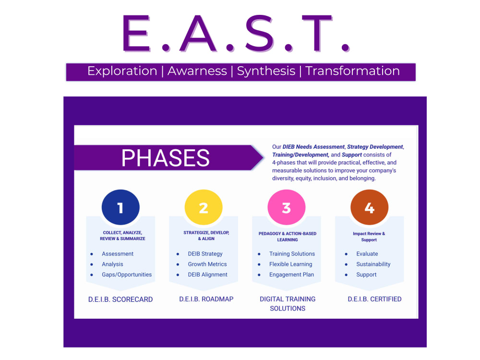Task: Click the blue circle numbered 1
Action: (x=120, y=208)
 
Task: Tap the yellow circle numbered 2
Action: (x=204, y=208)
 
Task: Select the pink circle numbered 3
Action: (x=287, y=208)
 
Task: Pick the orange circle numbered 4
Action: (x=369, y=208)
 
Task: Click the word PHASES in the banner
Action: (x=165, y=158)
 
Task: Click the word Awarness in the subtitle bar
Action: (x=197, y=71)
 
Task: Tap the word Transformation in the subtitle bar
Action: (x=352, y=71)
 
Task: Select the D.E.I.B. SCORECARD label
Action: (x=120, y=299)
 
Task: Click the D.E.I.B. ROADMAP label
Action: (x=206, y=299)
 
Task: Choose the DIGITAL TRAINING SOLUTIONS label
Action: (x=288, y=303)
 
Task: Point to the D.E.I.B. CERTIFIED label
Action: (x=374, y=299)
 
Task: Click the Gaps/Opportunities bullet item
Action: (x=127, y=275)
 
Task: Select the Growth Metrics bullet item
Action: (x=207, y=264)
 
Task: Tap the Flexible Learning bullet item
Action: (x=290, y=264)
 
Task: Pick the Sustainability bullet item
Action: (x=373, y=264)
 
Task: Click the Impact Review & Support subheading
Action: (x=369, y=237)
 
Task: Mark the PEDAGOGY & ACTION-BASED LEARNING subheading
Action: (x=288, y=237)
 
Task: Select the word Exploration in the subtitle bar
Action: (x=122, y=71)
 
